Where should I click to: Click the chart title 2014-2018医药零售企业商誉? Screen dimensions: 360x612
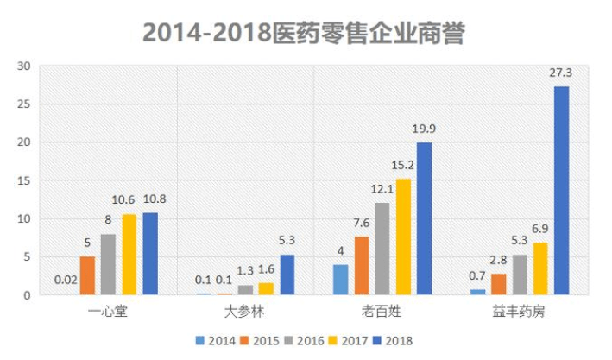click(x=305, y=33)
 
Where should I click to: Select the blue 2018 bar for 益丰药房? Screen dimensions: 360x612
click(x=561, y=190)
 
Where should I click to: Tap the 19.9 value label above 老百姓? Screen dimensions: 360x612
click(x=424, y=130)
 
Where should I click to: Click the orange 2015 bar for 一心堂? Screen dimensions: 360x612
click(x=87, y=275)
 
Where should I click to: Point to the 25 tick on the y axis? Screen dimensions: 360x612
click(x=24, y=104)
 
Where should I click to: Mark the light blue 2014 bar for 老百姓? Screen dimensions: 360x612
click(x=341, y=280)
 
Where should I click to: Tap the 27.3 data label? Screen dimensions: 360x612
click(x=561, y=73)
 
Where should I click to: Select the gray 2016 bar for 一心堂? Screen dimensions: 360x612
click(x=108, y=264)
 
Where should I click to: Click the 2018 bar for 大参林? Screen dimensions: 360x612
click(x=287, y=275)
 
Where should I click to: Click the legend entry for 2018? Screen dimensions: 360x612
click(x=391, y=340)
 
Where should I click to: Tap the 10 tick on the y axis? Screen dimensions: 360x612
click(x=24, y=218)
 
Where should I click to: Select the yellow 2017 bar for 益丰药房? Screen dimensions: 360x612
click(x=540, y=268)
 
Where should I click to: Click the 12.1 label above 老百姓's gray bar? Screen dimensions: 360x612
click(x=382, y=189)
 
